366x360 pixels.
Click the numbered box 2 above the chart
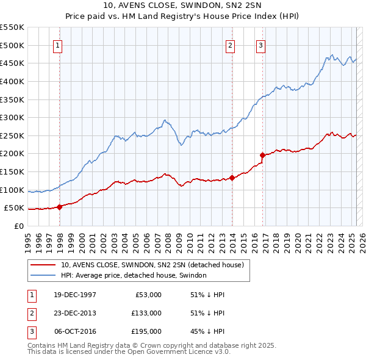coord(231,45)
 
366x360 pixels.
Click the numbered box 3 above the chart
coord(260,45)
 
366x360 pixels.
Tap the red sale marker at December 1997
coord(60,207)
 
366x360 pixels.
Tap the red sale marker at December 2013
coord(232,178)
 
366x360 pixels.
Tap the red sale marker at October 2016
coord(262,156)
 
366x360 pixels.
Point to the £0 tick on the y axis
coord(20,226)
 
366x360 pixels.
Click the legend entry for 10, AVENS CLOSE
coord(152,265)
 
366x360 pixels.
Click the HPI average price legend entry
coord(134,275)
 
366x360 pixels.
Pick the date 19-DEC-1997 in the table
coord(75,295)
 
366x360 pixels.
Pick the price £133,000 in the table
coord(146,313)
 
